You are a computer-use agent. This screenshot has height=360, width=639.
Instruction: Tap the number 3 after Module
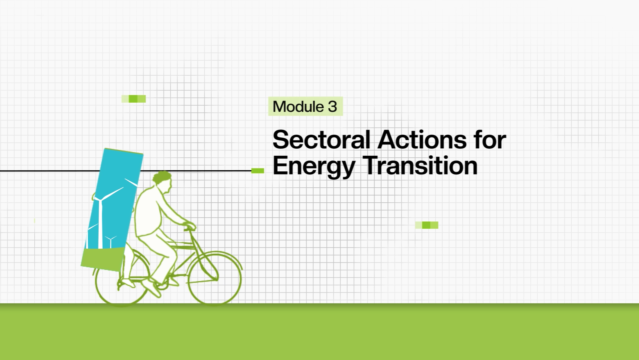point(332,107)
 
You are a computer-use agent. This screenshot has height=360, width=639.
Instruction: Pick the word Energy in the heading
point(314,166)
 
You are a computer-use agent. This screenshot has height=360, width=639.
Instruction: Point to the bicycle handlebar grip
point(190,227)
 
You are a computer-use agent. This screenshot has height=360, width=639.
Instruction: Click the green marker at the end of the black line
point(258,171)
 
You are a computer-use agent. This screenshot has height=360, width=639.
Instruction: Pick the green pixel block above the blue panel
point(134,99)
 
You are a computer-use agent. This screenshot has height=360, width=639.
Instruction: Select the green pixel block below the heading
point(427,225)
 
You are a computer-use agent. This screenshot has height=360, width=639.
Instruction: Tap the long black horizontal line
point(126,171)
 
